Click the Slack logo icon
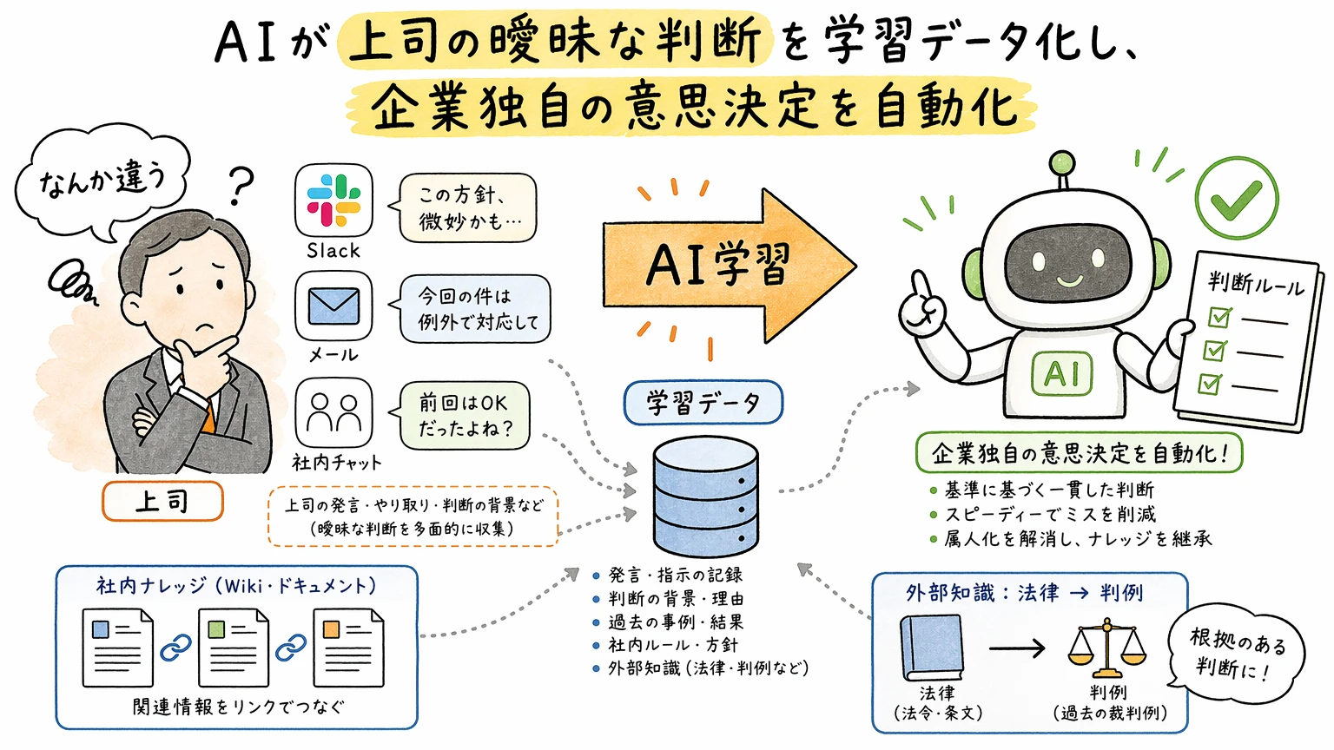click(x=333, y=201)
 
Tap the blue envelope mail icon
click(x=333, y=306)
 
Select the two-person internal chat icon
click(x=333, y=413)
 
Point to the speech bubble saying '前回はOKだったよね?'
click(x=465, y=416)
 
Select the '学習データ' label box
click(x=703, y=403)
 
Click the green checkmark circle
click(x=1236, y=199)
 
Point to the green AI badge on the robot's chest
click(x=1061, y=374)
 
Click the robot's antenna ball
click(x=1061, y=163)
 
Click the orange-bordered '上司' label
click(x=162, y=501)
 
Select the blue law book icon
click(x=932, y=648)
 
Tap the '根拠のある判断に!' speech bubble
click(x=1236, y=654)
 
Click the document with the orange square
click(x=348, y=648)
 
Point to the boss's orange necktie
click(x=208, y=416)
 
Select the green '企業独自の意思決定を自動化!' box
click(x=1079, y=452)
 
